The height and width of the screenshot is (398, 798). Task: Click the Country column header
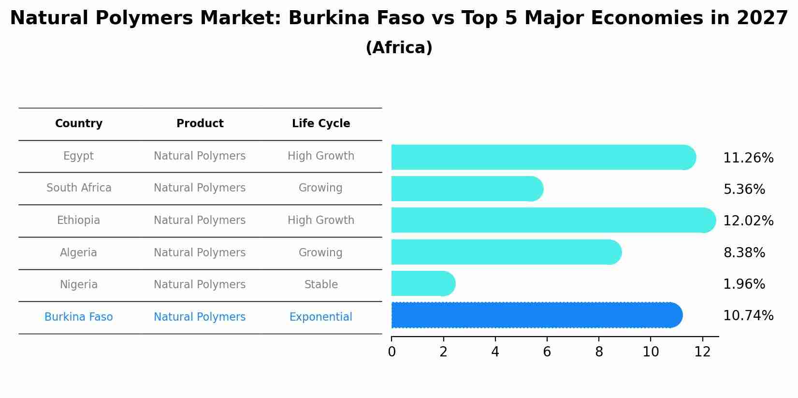(x=79, y=124)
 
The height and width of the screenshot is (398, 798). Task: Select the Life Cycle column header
(x=321, y=124)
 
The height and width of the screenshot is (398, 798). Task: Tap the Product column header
(x=200, y=124)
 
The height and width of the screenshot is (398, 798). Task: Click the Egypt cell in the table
(x=78, y=156)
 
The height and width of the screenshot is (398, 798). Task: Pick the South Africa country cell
(x=79, y=188)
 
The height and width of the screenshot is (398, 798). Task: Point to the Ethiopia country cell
(x=78, y=221)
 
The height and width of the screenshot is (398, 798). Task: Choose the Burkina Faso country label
(x=78, y=317)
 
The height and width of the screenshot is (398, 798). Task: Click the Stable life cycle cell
(x=321, y=285)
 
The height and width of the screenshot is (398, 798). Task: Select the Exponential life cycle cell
(x=321, y=317)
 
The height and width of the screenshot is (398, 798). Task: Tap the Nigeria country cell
(x=79, y=285)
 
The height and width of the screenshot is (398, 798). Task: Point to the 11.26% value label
(x=748, y=158)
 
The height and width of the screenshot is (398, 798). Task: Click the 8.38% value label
(x=744, y=253)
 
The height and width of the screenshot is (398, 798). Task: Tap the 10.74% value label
(x=748, y=316)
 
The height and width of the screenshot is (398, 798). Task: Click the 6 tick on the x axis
(x=547, y=352)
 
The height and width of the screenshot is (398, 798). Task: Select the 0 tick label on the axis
(x=392, y=352)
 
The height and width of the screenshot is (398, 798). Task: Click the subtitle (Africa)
(x=399, y=48)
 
